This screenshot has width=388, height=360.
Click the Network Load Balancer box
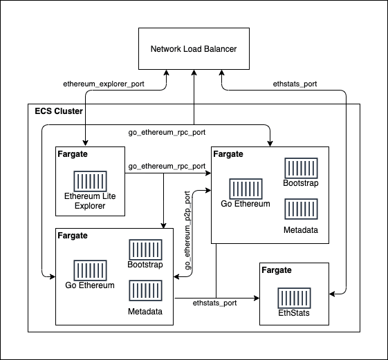(x=194, y=49)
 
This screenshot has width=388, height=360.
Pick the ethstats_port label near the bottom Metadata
(x=214, y=302)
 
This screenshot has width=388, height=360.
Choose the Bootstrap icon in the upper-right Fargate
(x=301, y=167)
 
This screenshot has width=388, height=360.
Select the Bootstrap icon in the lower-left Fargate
(x=145, y=249)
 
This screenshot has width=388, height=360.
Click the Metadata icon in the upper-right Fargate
(x=301, y=209)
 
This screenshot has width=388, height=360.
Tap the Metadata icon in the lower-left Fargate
(x=145, y=290)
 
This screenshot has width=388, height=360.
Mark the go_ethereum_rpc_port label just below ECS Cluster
(x=167, y=131)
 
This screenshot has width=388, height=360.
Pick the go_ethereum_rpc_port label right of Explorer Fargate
(x=167, y=167)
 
